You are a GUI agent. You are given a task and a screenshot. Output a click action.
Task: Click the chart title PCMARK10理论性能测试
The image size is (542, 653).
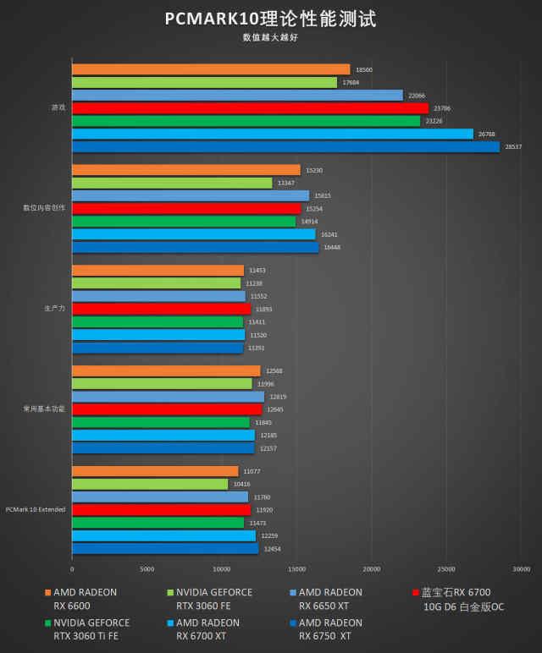coord(270,19)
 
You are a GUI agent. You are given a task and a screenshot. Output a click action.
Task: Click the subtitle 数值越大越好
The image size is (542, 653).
coord(270,37)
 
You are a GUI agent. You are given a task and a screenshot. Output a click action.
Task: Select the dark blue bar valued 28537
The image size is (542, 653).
coord(285,146)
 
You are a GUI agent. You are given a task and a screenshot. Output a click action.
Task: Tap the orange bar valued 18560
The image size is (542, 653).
coord(211,69)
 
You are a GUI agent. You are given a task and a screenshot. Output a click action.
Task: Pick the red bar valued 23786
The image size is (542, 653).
coord(250,108)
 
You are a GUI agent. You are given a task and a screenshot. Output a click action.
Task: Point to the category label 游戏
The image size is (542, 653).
coord(58,107)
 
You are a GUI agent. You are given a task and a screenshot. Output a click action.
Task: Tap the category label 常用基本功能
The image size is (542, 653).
coord(44,409)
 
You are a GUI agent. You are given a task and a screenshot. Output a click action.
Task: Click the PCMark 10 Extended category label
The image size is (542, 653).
coord(35,509)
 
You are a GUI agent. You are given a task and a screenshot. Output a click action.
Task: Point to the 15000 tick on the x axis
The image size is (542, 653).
coord(296,568)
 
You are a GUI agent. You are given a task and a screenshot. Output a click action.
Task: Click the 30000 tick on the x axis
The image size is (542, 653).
coord(521,568)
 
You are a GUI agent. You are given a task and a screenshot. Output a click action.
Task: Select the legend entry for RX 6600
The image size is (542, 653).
coord(80,599)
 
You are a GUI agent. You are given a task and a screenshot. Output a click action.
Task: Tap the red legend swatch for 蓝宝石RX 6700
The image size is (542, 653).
coord(415,593)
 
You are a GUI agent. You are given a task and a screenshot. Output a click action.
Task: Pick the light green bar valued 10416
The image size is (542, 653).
coord(150,484)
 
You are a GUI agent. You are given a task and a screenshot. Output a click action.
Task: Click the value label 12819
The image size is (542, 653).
coord(278,397)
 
